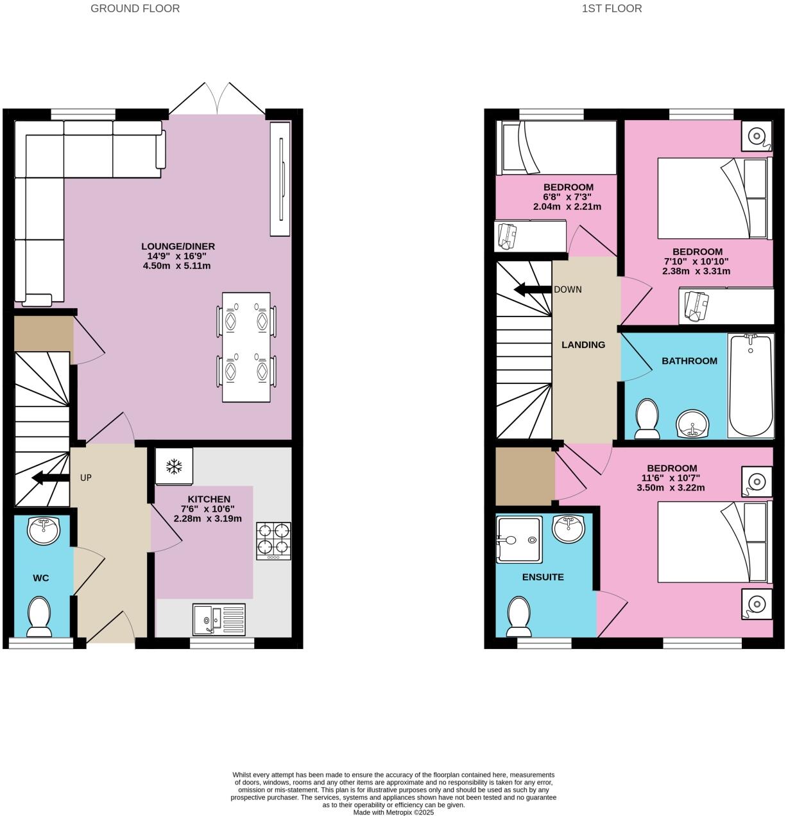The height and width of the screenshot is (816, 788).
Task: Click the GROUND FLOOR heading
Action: pos(135,8)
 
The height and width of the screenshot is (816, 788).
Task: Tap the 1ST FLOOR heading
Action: pos(612,8)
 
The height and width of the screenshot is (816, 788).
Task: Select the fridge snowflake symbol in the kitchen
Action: pos(173,466)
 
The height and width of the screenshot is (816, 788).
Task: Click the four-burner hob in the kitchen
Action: pos(273,541)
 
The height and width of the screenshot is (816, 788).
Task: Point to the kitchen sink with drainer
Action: pos(219,620)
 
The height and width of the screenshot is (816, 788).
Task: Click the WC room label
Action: pos(41,578)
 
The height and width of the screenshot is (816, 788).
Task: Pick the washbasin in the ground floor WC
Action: pos(44,530)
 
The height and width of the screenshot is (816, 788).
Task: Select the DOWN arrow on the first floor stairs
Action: pos(533,290)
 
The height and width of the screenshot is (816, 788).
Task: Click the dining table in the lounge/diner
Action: pos(247,347)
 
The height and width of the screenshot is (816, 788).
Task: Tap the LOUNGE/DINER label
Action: pos(178,246)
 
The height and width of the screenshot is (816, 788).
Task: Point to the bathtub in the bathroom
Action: pos(751,385)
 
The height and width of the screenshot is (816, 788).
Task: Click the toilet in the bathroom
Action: pos(647,418)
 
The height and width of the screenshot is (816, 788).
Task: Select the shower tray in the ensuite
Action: pos(519,539)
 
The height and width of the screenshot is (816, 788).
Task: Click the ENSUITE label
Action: pos(543,577)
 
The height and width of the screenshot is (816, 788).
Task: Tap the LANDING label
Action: pos(583,345)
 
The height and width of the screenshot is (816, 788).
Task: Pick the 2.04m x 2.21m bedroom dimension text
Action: pos(567,207)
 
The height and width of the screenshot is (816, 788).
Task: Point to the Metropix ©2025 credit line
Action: pos(393,812)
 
